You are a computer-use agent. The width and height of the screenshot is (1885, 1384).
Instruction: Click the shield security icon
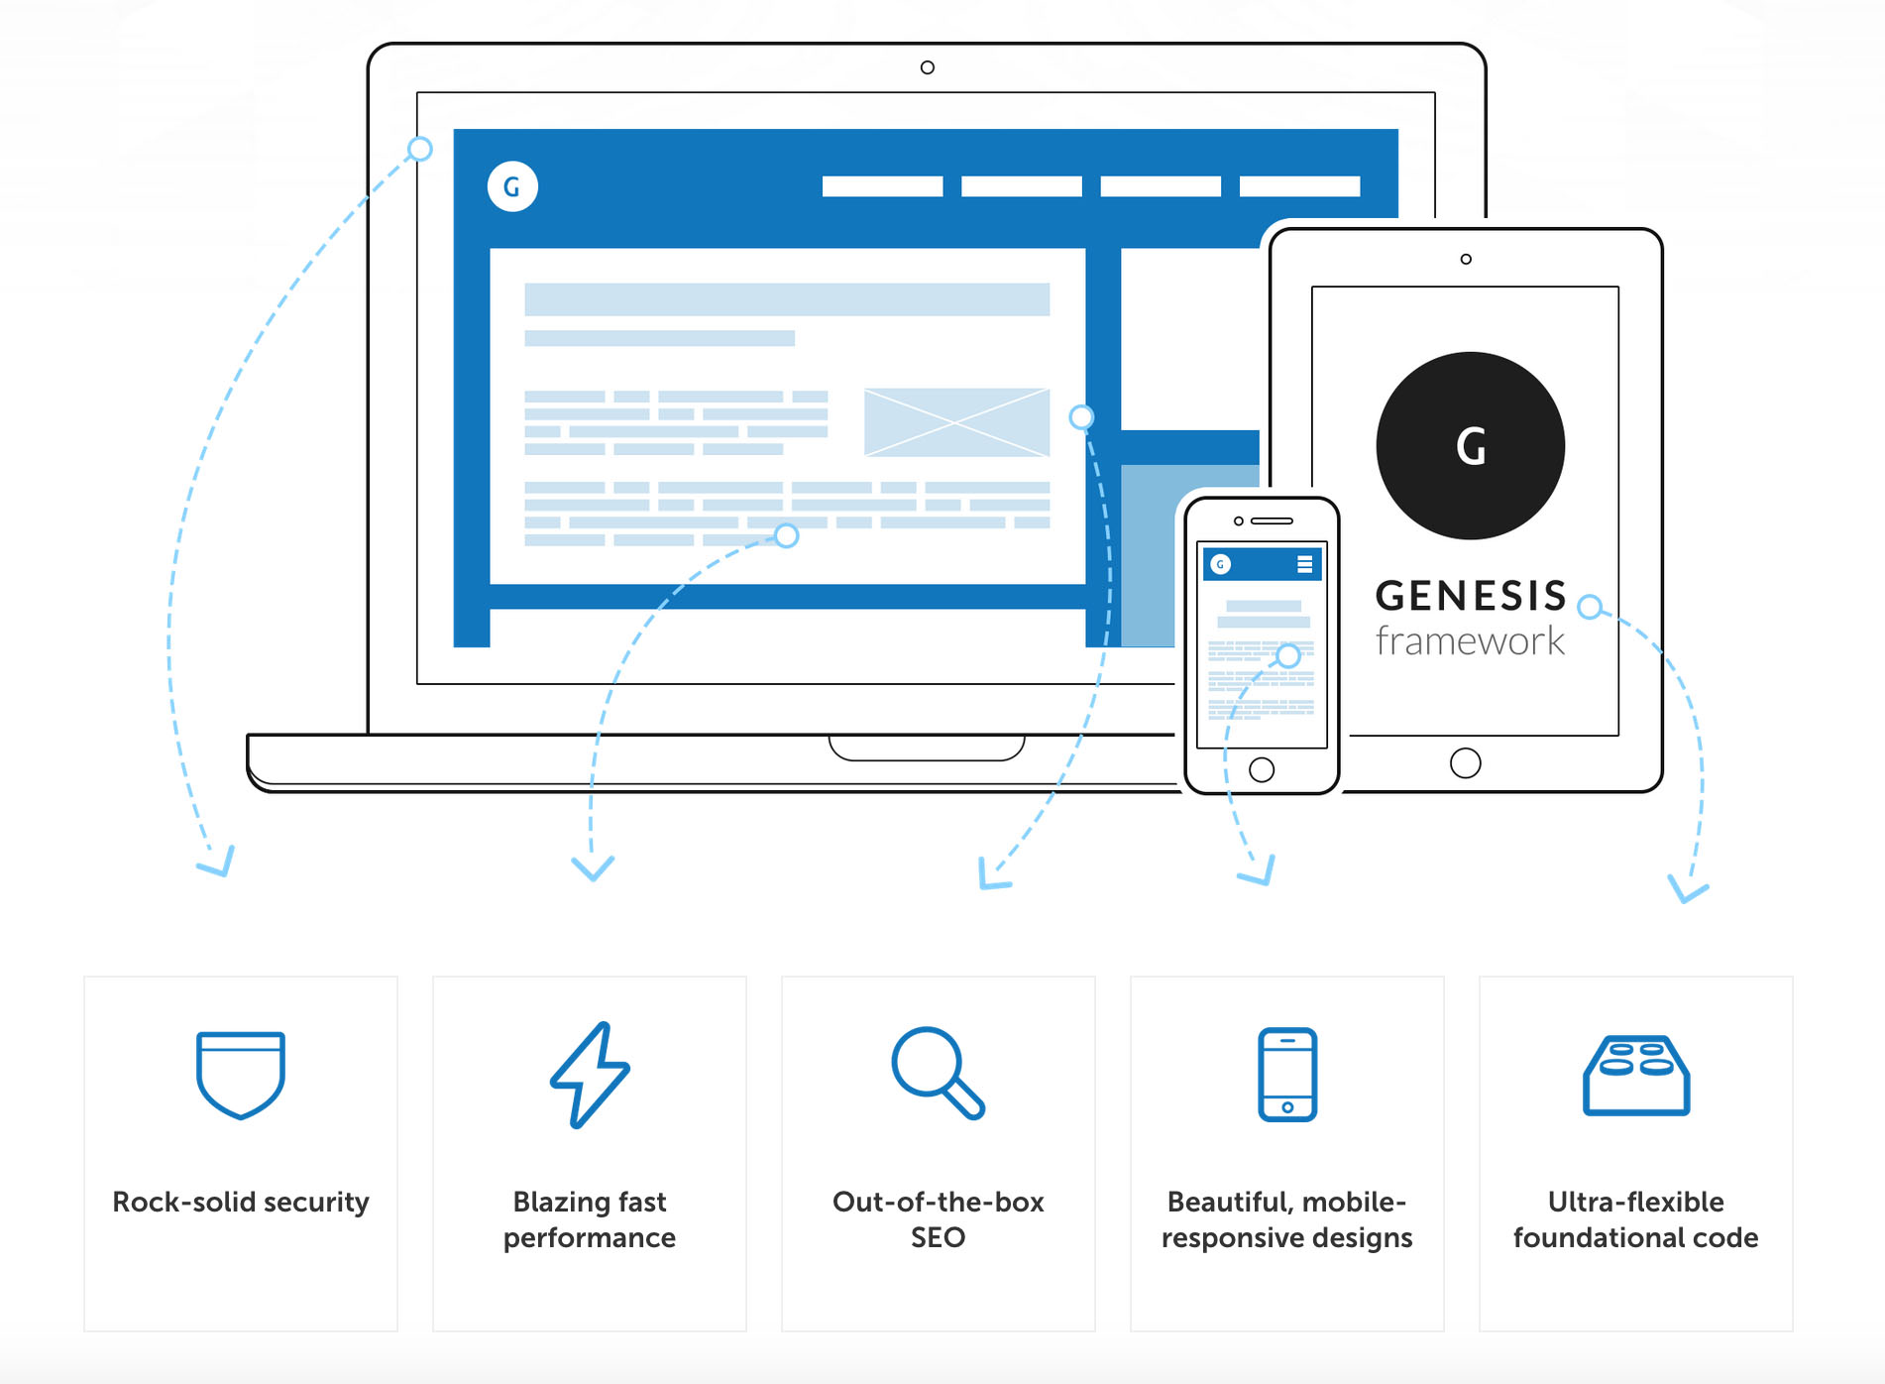point(241,1075)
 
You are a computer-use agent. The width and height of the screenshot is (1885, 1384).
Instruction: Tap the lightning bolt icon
point(590,1075)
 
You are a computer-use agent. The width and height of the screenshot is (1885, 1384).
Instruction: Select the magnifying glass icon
point(937,1072)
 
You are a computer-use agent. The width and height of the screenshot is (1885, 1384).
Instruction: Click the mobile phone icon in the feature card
point(1286,1075)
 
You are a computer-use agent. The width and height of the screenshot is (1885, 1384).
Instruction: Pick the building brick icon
point(1635,1076)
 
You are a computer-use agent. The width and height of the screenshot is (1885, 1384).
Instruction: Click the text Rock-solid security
point(241,1202)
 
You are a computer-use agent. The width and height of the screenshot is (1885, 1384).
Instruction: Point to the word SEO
point(938,1237)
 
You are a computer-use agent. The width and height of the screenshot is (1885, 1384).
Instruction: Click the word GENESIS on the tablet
point(1471,596)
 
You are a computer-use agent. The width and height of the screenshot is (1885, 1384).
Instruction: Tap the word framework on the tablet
point(1471,641)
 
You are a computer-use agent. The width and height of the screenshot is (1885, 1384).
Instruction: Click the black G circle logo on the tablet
point(1471,446)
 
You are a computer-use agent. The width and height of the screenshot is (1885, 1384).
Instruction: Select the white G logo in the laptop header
point(512,186)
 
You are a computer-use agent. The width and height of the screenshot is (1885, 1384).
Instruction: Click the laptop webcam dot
point(927,67)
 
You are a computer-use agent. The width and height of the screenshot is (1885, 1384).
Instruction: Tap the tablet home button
point(1465,762)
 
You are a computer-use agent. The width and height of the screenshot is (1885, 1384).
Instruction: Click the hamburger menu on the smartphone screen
point(1304,564)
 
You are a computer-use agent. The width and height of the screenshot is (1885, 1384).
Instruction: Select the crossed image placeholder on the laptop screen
point(956,422)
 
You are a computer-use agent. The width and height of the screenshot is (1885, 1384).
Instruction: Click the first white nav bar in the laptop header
point(882,186)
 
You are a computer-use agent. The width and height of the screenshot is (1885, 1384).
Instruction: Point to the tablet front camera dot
point(1466,260)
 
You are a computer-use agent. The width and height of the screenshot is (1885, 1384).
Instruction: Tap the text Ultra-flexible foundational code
point(1635,1219)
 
